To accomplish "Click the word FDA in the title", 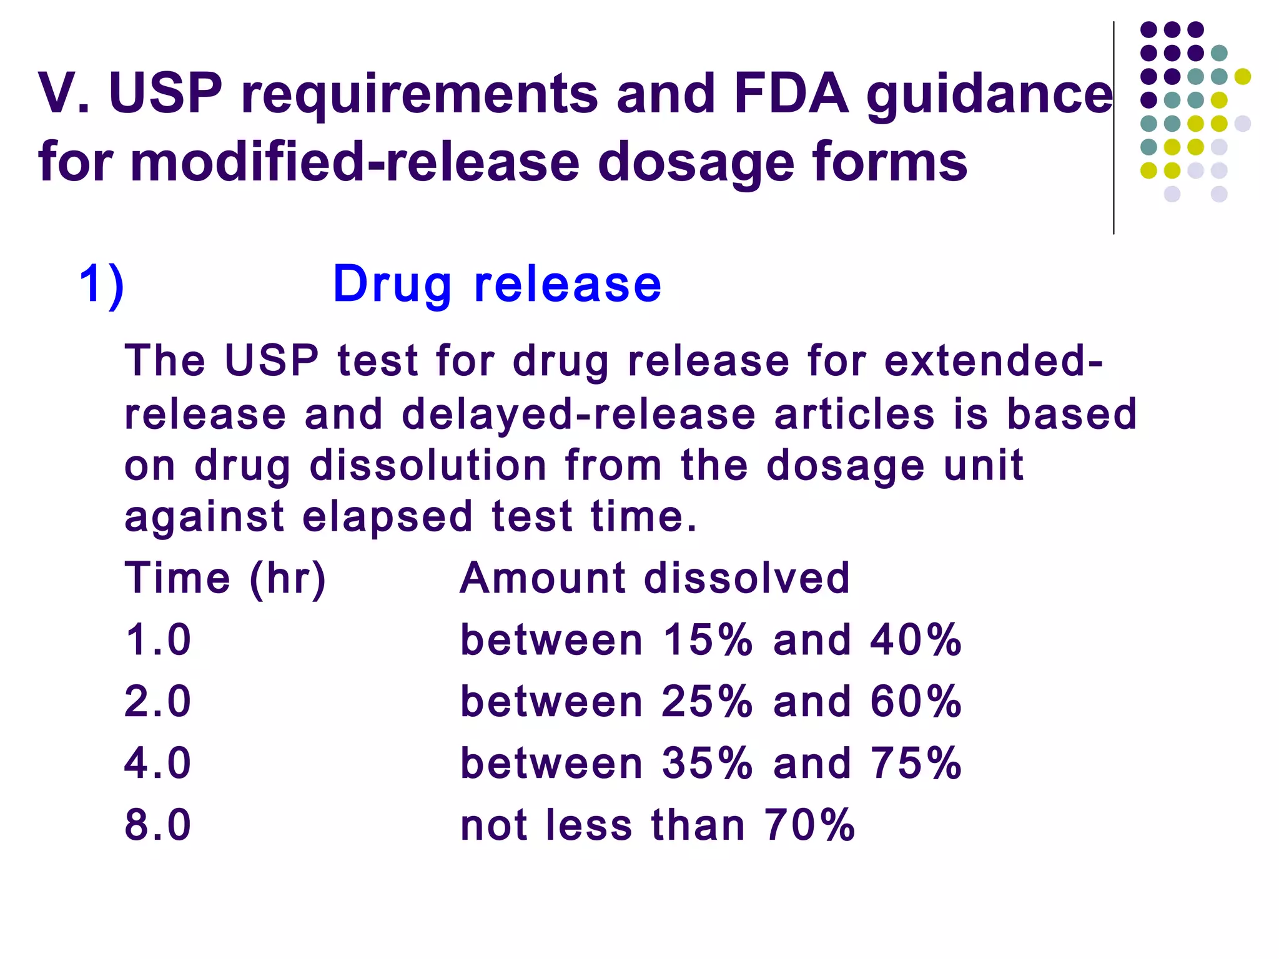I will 791,94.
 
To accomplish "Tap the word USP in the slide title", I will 165,94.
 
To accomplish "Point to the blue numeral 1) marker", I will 102,285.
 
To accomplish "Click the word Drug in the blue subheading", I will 392,285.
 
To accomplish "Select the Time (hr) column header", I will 225,578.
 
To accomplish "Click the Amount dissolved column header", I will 654,578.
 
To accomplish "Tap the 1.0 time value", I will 157,640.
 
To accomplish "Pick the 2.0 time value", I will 157,701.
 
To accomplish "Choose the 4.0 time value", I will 157,763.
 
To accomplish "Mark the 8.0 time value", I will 157,825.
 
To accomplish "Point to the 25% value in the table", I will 707,701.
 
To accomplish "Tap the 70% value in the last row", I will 809,825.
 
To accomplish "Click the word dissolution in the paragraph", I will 428,466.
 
